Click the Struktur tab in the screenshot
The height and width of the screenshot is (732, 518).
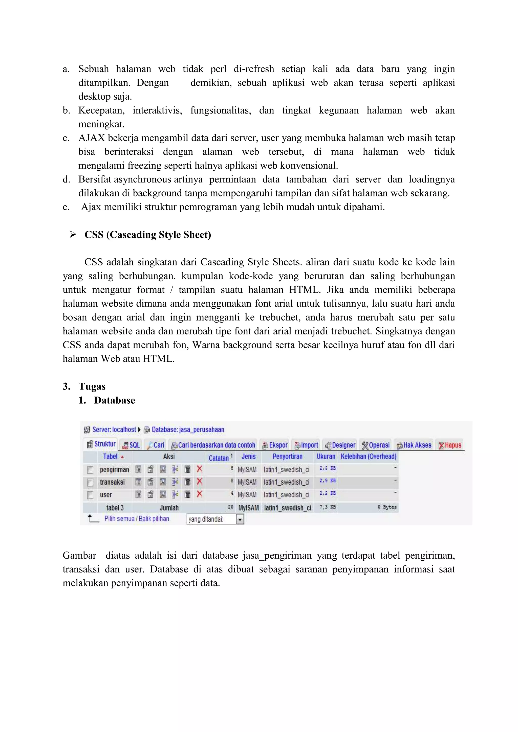tap(101, 444)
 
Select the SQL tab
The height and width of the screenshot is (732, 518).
tap(132, 445)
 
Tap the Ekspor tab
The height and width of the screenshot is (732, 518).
tap(275, 445)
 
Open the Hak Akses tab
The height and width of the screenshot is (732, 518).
tap(414, 445)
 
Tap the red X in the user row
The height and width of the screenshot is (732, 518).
tap(200, 494)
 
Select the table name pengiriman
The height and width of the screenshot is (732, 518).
tap(114, 470)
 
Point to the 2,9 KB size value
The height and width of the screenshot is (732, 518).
tap(328, 481)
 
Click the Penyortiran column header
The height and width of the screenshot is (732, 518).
tap(287, 456)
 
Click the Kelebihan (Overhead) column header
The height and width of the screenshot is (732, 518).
tap(369, 456)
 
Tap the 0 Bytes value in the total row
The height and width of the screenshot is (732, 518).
tap(387, 507)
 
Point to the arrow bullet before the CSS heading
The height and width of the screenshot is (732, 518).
tap(73, 235)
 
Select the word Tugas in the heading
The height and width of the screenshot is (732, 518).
tap(92, 386)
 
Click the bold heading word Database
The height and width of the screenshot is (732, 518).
tap(115, 400)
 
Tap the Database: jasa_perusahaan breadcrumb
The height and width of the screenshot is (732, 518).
tap(188, 430)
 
